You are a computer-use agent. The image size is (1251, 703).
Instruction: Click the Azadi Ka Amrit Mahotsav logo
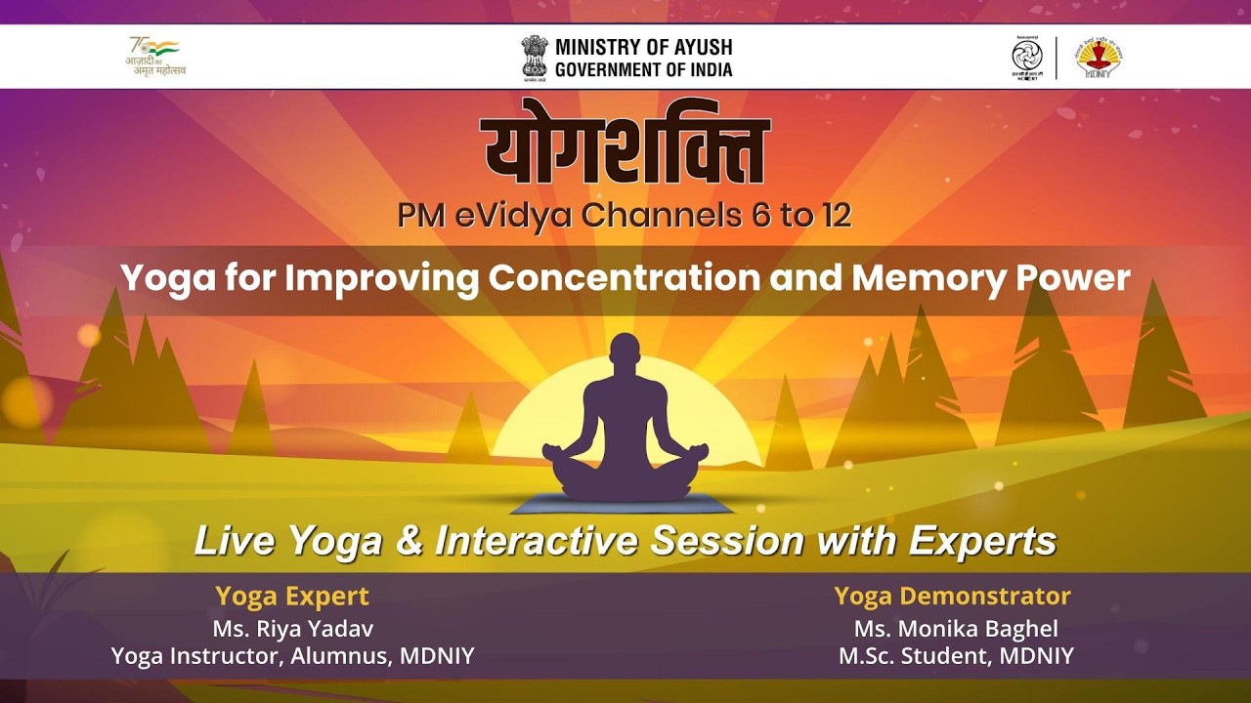pyautogui.click(x=156, y=58)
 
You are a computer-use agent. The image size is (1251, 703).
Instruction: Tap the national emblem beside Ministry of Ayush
pyautogui.click(x=535, y=58)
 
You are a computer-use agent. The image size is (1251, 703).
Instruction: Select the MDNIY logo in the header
pyautogui.click(x=1097, y=58)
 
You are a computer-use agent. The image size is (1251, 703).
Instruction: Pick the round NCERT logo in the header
pyautogui.click(x=1026, y=58)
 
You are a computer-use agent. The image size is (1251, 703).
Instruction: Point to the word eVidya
pyautogui.click(x=513, y=216)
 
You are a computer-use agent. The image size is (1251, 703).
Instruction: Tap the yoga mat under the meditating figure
pyautogui.click(x=625, y=504)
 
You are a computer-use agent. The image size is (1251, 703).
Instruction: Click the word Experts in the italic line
pyautogui.click(x=982, y=540)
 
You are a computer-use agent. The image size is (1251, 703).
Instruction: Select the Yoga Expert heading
pyautogui.click(x=292, y=596)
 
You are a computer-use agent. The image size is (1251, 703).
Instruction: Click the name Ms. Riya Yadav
pyautogui.click(x=292, y=628)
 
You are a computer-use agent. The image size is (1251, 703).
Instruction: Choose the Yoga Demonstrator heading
pyautogui.click(x=952, y=596)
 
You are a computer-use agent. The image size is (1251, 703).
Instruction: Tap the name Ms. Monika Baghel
pyautogui.click(x=955, y=628)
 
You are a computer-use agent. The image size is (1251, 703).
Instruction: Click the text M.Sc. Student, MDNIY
pyautogui.click(x=955, y=656)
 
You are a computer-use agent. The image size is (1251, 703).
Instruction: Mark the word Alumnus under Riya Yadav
pyautogui.click(x=341, y=656)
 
